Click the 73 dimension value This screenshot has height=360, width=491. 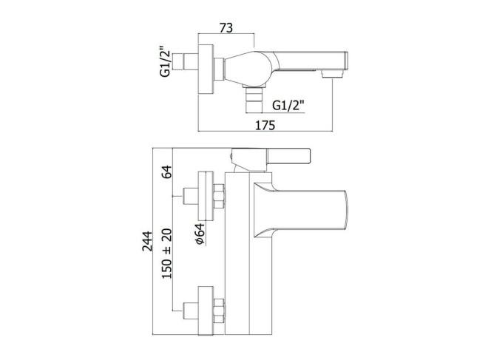(226, 28)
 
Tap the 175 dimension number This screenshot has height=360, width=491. (265, 125)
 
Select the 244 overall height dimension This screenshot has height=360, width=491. (147, 241)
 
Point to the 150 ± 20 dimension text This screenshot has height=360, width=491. (167, 254)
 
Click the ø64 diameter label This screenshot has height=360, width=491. (200, 234)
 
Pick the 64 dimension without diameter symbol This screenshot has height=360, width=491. (167, 171)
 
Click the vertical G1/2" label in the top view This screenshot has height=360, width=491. (165, 61)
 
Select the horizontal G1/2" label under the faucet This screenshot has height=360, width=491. (288, 106)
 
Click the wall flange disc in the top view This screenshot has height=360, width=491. (206, 69)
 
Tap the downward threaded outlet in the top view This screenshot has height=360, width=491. (254, 98)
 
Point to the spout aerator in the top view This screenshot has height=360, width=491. (332, 74)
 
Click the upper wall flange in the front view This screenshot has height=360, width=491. (206, 196)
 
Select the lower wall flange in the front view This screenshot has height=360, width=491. (206, 311)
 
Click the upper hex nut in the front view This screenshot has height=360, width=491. (219, 196)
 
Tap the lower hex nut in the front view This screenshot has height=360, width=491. (219, 311)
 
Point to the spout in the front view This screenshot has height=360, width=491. (300, 210)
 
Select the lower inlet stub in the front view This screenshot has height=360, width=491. (190, 311)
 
